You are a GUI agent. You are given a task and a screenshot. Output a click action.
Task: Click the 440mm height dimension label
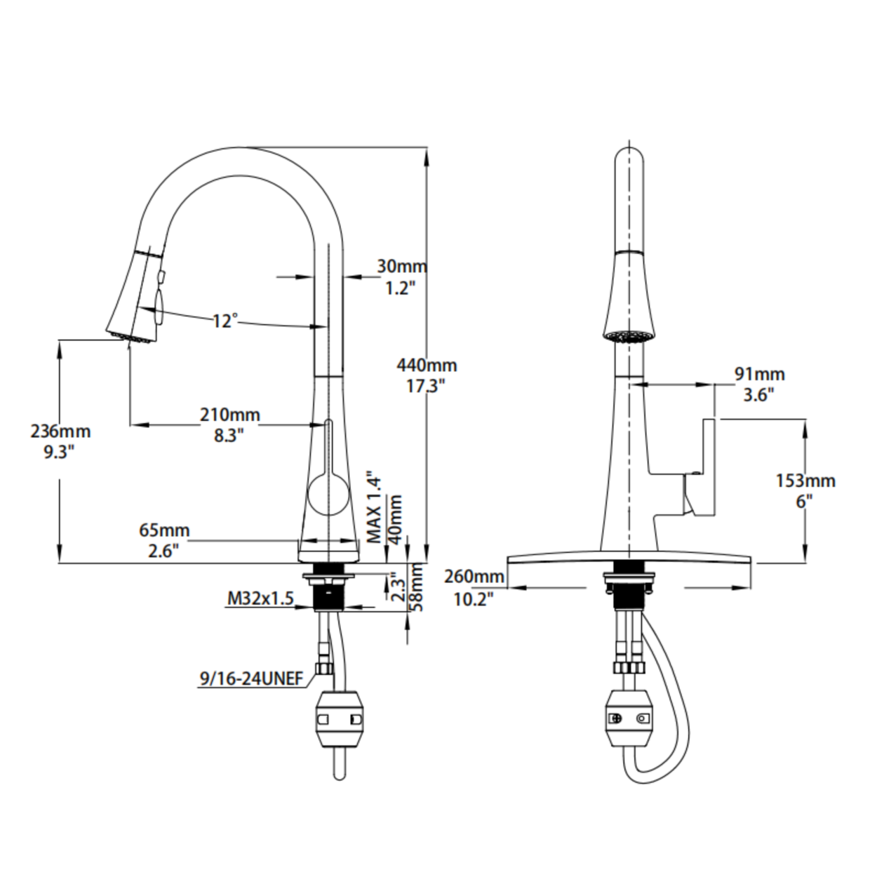(427, 376)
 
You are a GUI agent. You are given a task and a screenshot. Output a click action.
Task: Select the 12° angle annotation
(225, 321)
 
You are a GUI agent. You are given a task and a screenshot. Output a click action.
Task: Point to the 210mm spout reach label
(230, 425)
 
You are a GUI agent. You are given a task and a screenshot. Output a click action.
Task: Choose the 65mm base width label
(164, 540)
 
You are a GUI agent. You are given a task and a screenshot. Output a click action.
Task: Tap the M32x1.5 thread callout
(260, 599)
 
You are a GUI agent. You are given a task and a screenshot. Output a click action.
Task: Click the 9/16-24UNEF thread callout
(251, 679)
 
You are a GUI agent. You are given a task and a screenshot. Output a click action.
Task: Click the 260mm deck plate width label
(474, 587)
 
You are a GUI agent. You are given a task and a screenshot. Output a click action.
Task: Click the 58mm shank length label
(417, 587)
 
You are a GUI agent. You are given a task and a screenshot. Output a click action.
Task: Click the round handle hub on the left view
(328, 495)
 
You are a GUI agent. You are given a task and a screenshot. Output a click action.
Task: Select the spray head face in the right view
(629, 336)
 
